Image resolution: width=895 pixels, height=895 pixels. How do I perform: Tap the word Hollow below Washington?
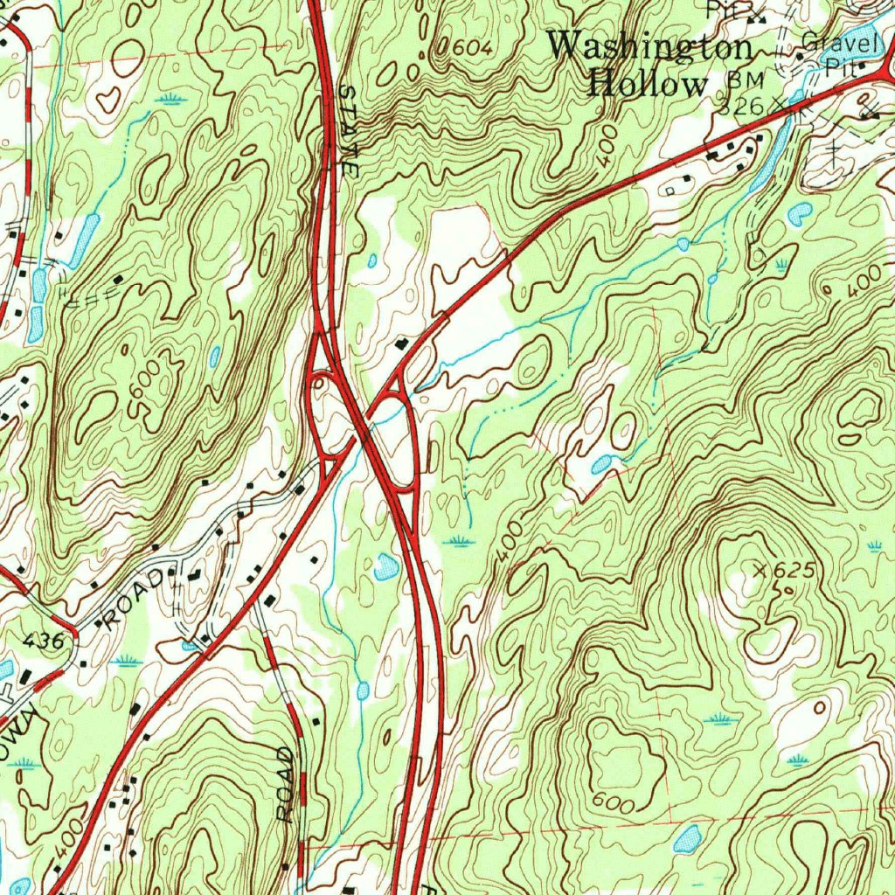point(647,84)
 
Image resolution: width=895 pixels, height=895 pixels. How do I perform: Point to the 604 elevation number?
point(471,47)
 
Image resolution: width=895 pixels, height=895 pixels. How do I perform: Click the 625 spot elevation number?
point(794,570)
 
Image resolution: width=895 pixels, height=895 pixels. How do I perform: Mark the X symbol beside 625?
point(763,570)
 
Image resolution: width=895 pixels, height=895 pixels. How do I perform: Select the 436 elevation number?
point(44,641)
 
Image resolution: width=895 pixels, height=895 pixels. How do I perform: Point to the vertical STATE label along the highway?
point(350,132)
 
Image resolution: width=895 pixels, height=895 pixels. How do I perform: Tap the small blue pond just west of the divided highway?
point(385,567)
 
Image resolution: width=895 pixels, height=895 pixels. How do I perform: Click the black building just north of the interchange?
point(403,343)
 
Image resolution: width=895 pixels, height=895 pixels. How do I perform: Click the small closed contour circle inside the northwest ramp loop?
point(320,379)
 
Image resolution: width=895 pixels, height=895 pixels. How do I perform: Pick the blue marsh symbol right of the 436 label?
point(129,658)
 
